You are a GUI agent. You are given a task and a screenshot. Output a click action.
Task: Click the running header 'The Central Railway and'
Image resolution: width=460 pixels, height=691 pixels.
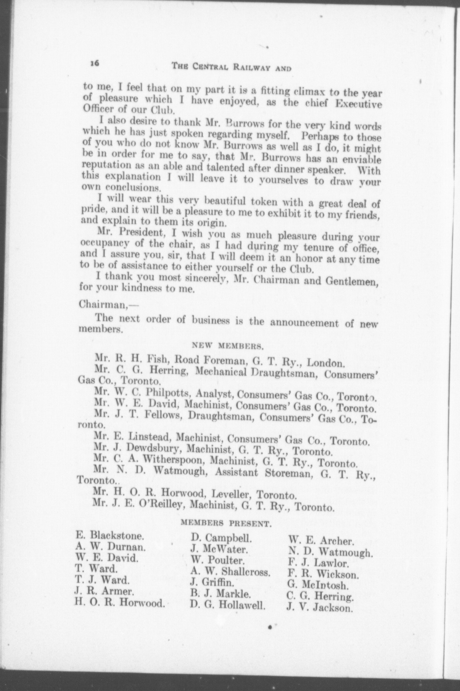(231, 67)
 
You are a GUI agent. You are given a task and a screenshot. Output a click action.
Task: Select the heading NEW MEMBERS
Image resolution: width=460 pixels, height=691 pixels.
(228, 346)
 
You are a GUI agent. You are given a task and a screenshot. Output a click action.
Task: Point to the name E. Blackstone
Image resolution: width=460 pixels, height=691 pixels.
(110, 536)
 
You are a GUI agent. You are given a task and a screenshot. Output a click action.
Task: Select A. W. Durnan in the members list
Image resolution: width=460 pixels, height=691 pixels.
(110, 546)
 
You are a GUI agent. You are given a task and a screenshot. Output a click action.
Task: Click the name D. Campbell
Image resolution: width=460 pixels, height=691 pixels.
(221, 538)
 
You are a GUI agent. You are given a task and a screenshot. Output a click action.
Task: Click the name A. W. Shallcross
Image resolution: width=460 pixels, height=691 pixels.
(231, 571)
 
